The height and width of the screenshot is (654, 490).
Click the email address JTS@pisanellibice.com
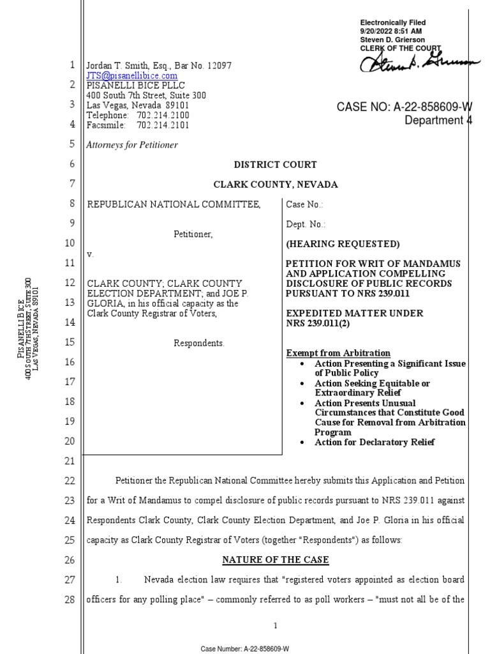pyautogui.click(x=132, y=75)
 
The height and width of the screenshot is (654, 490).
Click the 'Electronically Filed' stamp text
pyautogui.click(x=392, y=23)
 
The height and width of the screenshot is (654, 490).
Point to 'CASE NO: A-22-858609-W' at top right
pyautogui.click(x=405, y=107)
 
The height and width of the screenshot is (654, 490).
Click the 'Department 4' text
pyautogui.click(x=438, y=120)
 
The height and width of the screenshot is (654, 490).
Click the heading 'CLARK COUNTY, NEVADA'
pyautogui.click(x=275, y=185)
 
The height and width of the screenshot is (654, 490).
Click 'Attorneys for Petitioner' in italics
pyautogui.click(x=132, y=145)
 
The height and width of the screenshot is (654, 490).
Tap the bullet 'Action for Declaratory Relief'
pyautogui.click(x=375, y=443)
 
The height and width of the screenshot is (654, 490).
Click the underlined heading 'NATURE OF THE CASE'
pyautogui.click(x=275, y=560)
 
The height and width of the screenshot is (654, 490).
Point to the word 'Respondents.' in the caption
pyautogui.click(x=199, y=343)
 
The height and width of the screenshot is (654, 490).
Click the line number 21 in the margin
pyautogui.click(x=70, y=461)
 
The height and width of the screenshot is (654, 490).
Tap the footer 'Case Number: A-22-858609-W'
pyautogui.click(x=245, y=648)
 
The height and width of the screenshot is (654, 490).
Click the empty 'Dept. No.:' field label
pyautogui.click(x=305, y=224)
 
